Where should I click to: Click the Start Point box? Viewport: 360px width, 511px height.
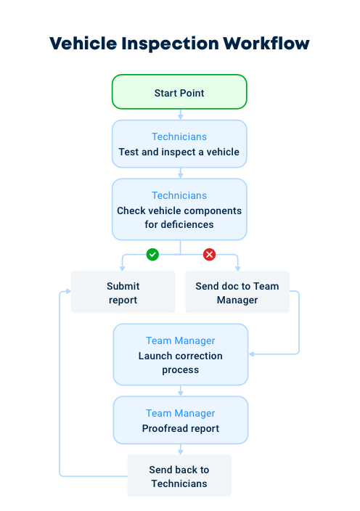pyautogui.click(x=179, y=93)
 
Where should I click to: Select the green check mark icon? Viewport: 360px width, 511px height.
pyautogui.click(x=152, y=254)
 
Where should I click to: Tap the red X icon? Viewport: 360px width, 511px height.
pyautogui.click(x=209, y=254)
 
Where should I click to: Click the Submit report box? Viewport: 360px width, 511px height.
pyautogui.click(x=123, y=293)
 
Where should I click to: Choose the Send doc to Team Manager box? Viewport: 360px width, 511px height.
pyautogui.click(x=237, y=293)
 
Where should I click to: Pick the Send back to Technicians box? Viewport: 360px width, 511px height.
pyautogui.click(x=179, y=476)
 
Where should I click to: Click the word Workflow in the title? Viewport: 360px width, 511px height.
pyautogui.click(x=266, y=43)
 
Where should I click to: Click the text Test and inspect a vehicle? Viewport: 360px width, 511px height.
pyautogui.click(x=179, y=152)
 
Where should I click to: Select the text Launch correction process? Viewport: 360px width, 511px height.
pyautogui.click(x=180, y=363)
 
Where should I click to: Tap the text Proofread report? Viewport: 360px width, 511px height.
pyautogui.click(x=180, y=428)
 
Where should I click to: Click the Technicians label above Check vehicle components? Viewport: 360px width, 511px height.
pyautogui.click(x=179, y=195)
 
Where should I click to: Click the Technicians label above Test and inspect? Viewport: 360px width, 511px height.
pyautogui.click(x=179, y=136)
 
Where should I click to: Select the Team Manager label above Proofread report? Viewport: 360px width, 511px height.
pyautogui.click(x=180, y=413)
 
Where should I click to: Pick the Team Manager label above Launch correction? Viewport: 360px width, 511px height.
pyautogui.click(x=180, y=340)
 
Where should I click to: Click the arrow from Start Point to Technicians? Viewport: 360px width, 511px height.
pyautogui.click(x=180, y=114)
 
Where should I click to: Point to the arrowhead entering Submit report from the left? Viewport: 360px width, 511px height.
pyautogui.click(x=67, y=291)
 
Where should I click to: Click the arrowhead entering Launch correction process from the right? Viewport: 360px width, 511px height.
pyautogui.click(x=252, y=354)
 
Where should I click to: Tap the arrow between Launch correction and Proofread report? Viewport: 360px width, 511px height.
pyautogui.click(x=180, y=391)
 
